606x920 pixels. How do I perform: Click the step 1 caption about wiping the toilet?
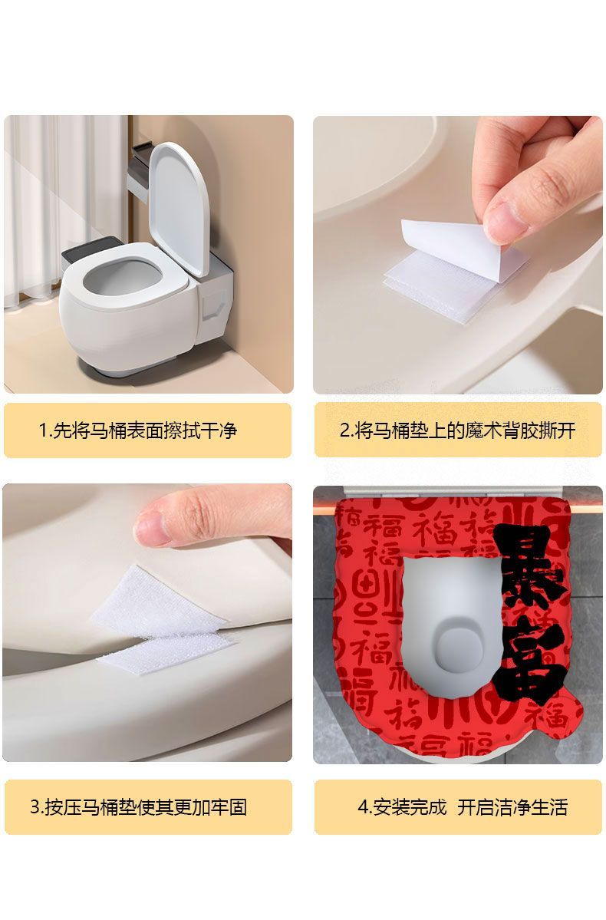[138, 430]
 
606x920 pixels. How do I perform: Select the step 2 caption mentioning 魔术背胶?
[458, 430]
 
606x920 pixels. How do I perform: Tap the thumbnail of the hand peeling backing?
[458, 255]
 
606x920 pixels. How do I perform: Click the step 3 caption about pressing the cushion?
[138, 807]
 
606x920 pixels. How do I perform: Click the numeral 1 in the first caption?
[43, 430]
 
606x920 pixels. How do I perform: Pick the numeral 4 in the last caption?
[363, 808]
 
